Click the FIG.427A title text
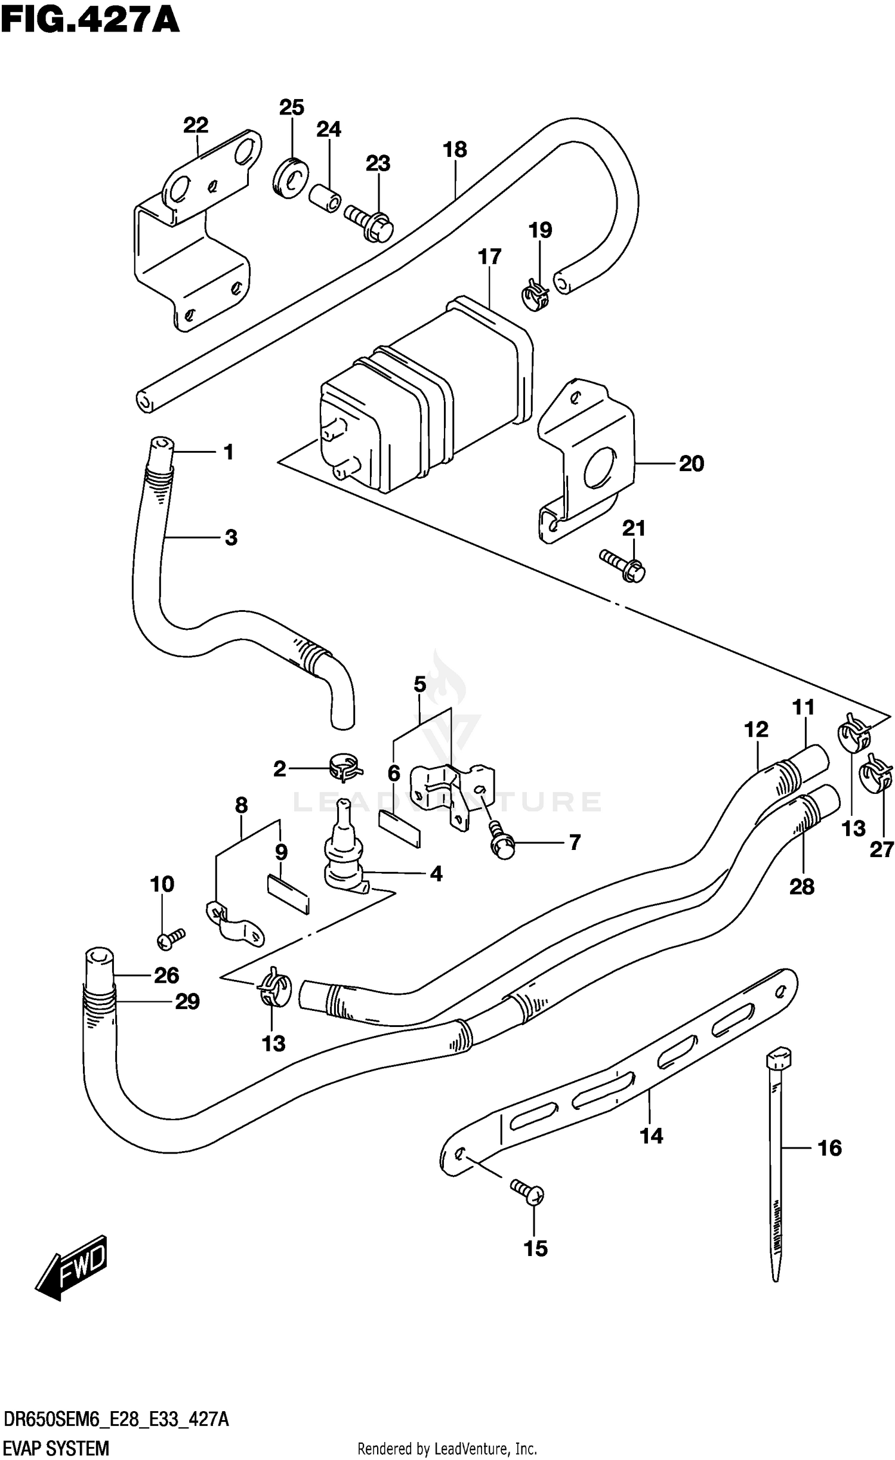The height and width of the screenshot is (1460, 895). click(89, 20)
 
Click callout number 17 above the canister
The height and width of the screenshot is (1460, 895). click(489, 257)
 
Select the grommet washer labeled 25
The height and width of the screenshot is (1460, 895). click(291, 177)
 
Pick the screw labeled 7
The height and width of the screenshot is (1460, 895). click(501, 842)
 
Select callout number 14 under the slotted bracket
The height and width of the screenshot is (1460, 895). click(651, 1136)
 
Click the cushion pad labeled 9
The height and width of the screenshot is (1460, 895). click(288, 893)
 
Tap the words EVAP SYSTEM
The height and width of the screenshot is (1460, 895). click(56, 1443)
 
